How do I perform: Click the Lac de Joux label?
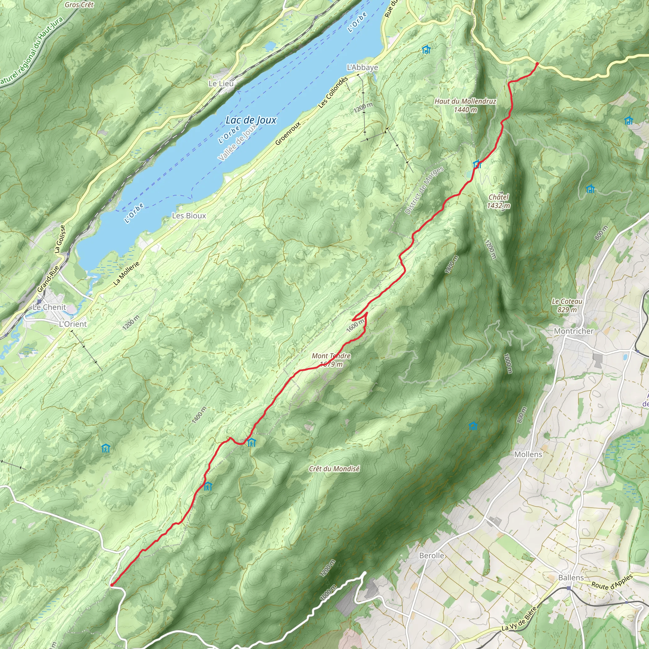point(251,120)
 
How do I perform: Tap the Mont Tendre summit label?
point(331,360)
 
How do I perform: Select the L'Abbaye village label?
point(362,67)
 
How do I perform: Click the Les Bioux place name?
point(189,216)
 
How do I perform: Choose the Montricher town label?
point(573,331)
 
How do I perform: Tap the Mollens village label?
point(528,454)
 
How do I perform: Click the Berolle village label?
point(431,556)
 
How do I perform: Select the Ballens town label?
point(571,577)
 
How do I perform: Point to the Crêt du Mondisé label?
point(334,469)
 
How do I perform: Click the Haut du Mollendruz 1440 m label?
point(465,105)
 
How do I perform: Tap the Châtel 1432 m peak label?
point(498,201)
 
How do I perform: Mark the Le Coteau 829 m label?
point(567,305)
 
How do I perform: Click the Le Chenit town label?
point(49,307)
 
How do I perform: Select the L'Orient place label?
point(73,324)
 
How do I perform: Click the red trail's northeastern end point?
point(537,63)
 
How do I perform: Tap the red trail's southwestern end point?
point(112,585)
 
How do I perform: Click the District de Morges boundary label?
point(424,190)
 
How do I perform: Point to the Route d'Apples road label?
point(612,582)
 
